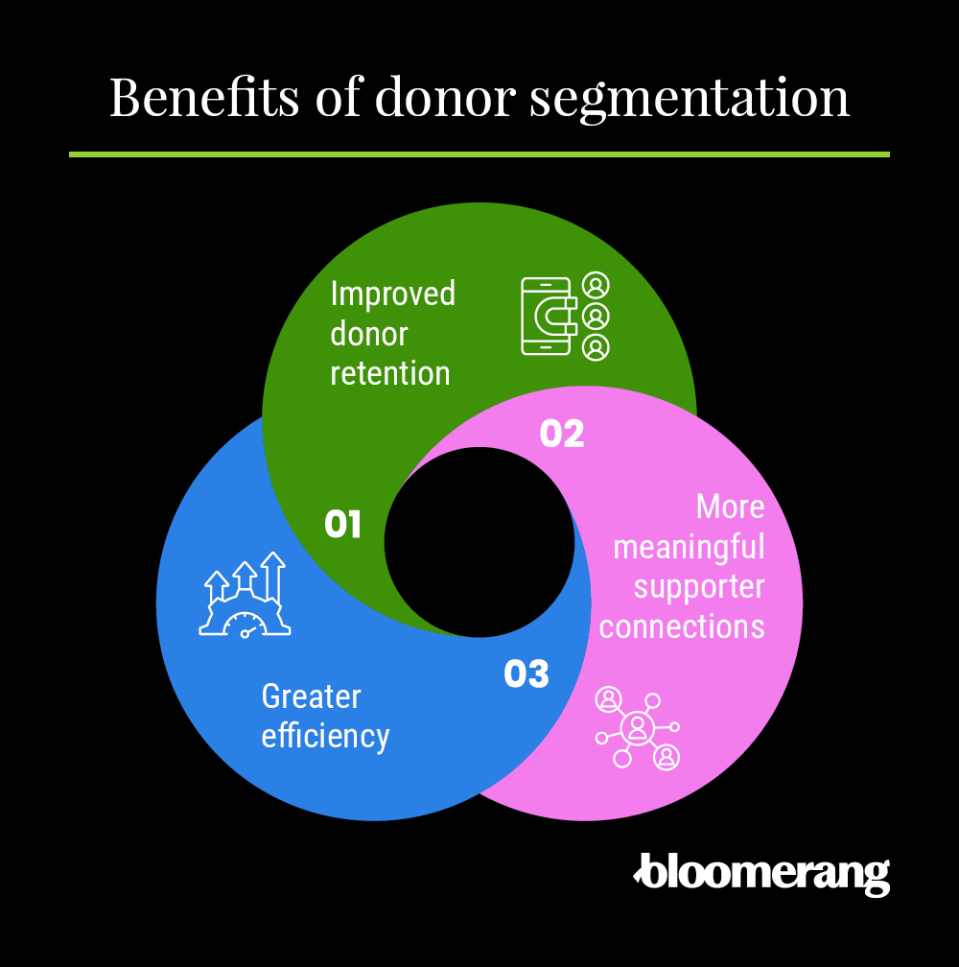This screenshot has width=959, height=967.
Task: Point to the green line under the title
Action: [x=479, y=153]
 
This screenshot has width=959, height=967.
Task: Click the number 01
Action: [x=342, y=525]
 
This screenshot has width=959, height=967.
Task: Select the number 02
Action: [x=562, y=434]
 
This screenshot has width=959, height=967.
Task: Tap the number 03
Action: [x=526, y=674]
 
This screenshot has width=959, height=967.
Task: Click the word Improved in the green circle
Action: [x=392, y=295]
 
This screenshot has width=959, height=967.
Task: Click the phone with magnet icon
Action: [x=550, y=316]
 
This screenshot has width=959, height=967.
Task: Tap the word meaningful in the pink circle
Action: [x=689, y=547]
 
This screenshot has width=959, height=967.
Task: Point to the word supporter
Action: [x=699, y=586]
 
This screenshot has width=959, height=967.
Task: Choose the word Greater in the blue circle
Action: [x=311, y=696]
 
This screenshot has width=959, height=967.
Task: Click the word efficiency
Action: [x=325, y=736]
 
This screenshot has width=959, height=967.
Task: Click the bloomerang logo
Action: [x=761, y=872]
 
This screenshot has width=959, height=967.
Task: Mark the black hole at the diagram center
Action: [x=479, y=542]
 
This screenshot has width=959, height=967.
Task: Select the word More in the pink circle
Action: [x=730, y=507]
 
